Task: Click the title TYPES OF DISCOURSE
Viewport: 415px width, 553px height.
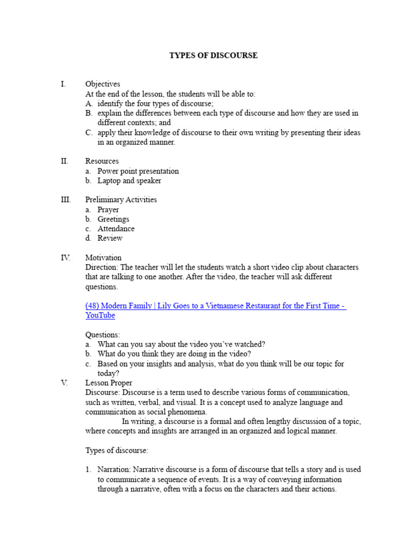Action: (213, 56)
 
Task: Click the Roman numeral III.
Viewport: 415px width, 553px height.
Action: (65, 200)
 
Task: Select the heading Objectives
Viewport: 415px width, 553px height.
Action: (103, 84)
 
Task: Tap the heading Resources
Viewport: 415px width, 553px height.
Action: (102, 161)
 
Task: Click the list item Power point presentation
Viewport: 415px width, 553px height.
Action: (138, 171)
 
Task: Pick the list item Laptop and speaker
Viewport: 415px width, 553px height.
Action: (129, 181)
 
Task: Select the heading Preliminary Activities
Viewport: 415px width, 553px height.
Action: (121, 200)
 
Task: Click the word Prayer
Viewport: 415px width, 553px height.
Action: (108, 210)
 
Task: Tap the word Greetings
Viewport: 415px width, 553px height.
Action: (113, 219)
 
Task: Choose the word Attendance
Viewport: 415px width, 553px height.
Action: (116, 229)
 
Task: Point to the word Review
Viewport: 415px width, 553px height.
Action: (110, 238)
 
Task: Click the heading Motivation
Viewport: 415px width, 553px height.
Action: (103, 258)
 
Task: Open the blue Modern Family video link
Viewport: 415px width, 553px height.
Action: (215, 306)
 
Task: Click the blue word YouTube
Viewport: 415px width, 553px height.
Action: (100, 315)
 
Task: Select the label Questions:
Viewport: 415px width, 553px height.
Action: (103, 335)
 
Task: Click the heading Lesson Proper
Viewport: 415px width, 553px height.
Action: (108, 383)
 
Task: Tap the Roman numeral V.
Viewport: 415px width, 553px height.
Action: (64, 383)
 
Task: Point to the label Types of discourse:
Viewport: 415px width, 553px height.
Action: (117, 450)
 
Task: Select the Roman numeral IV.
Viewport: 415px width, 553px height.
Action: (65, 258)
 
